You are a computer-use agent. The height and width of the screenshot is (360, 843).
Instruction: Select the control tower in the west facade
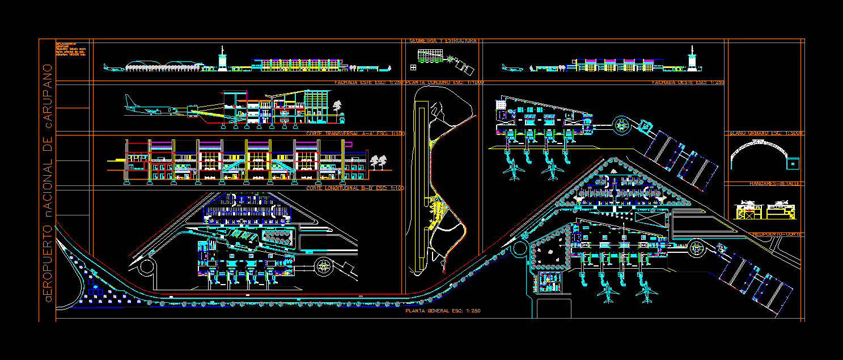click(692, 61)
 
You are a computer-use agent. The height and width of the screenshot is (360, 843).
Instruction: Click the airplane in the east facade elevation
click(114, 69)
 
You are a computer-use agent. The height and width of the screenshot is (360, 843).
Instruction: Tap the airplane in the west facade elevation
click(512, 69)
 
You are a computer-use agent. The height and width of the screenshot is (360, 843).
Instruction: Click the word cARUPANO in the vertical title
click(48, 96)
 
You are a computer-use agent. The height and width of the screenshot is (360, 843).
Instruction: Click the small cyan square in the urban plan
click(793, 163)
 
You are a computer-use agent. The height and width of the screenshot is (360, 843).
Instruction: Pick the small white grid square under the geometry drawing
click(413, 67)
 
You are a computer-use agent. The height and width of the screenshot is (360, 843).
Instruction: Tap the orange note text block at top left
click(70, 50)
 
